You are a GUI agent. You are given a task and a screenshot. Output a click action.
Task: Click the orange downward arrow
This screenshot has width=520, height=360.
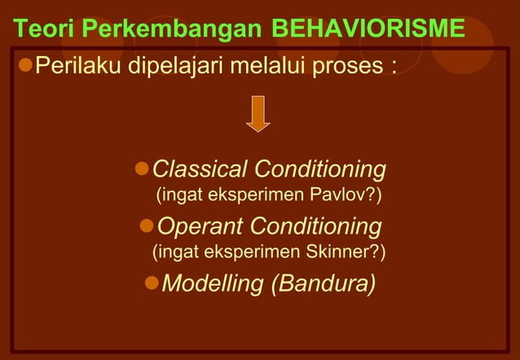click(258, 113)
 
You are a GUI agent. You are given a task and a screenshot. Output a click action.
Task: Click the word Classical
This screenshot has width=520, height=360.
click(200, 169)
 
